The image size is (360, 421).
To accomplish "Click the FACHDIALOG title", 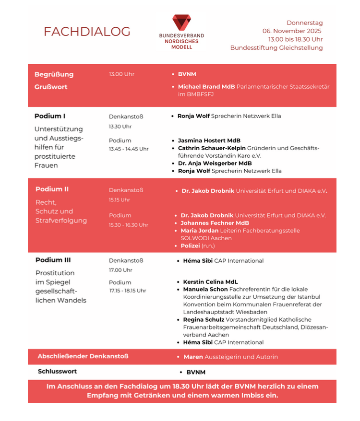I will click(x=87, y=32).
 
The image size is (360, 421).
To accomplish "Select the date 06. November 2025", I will click(x=292, y=31).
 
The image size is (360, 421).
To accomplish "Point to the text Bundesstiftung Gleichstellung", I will click(x=276, y=47).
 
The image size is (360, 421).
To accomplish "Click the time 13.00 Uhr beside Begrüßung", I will click(x=121, y=74).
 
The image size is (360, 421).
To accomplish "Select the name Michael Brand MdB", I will click(x=206, y=87).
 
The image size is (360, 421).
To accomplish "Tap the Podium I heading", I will click(x=50, y=116).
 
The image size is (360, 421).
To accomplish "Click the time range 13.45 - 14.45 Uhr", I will click(x=129, y=149).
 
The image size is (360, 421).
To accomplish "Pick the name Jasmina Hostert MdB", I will click(x=209, y=140).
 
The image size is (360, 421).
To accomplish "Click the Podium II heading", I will click(x=52, y=189).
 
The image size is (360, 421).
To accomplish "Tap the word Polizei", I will click(x=190, y=246).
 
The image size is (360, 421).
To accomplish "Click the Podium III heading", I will click(x=53, y=260).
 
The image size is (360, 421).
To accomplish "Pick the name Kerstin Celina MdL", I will click(x=210, y=282).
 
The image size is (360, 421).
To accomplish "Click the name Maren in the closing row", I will click(x=193, y=357).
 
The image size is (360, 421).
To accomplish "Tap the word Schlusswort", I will click(x=57, y=372).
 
